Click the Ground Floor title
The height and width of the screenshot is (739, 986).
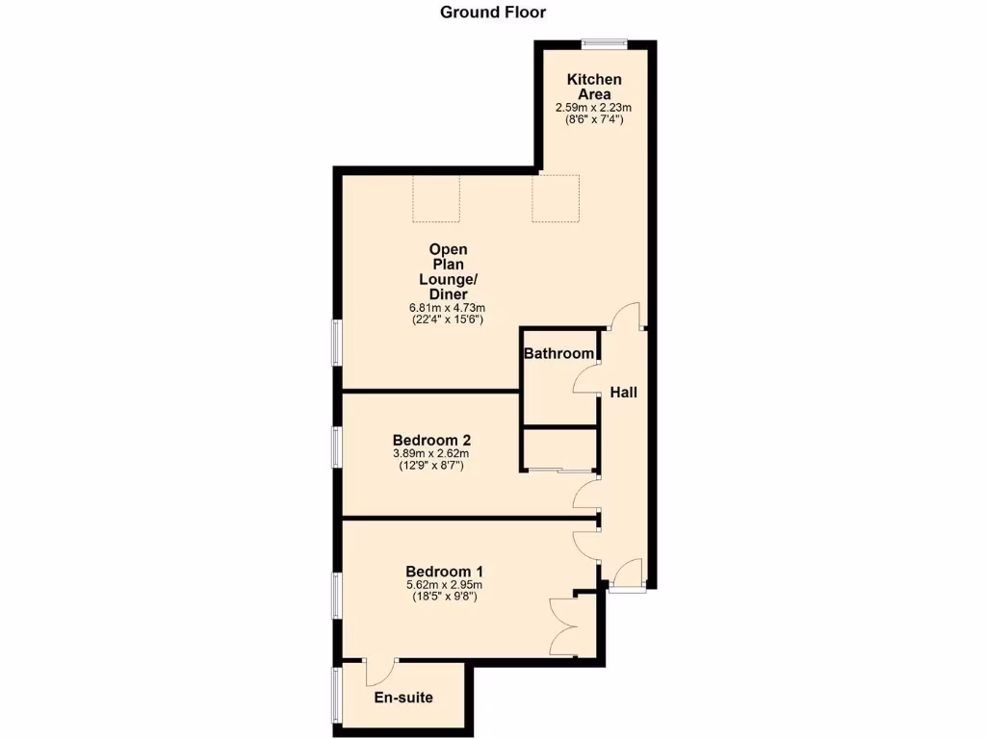point(492,13)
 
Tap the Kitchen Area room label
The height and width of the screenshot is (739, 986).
point(593,87)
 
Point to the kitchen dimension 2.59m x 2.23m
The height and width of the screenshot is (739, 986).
point(593,108)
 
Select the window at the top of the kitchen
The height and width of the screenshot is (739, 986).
point(604,41)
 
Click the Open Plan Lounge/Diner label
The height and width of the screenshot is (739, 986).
point(449,271)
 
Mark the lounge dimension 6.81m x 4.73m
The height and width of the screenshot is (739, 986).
point(448,308)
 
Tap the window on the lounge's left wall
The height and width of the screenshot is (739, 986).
point(337,342)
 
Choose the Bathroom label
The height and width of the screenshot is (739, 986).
point(558,354)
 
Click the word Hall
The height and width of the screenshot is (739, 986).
point(623,393)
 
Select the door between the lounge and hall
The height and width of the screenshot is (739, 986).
point(627,318)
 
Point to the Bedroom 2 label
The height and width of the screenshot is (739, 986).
point(431,441)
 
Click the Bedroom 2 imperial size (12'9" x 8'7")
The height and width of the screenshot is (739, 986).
point(431,466)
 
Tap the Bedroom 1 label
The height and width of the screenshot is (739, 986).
point(444,571)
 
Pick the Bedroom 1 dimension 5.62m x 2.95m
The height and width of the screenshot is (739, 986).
point(444,584)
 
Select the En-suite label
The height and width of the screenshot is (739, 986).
point(403,698)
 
